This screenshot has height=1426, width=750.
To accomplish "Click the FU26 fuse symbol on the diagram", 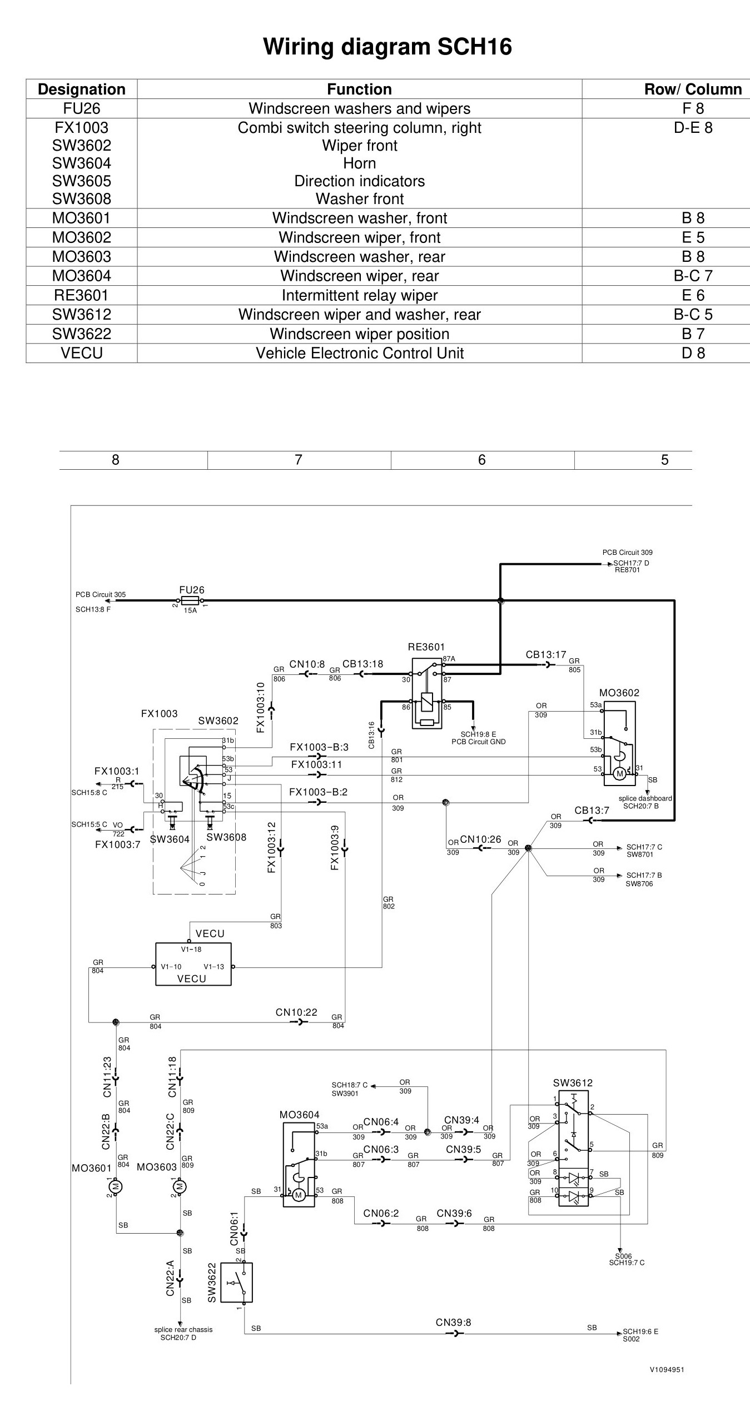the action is [x=190, y=600].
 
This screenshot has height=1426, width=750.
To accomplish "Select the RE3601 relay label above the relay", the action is [x=426, y=647].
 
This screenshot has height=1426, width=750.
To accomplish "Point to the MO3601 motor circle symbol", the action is [x=116, y=1186].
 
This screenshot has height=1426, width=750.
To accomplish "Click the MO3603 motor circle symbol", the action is [x=180, y=1186].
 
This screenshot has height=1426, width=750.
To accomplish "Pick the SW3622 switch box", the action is [x=236, y=1282].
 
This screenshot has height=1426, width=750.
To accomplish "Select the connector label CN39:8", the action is [x=453, y=1322].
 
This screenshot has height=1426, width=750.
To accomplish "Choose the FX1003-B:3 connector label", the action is [x=319, y=747].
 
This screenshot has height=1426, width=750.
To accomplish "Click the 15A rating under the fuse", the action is [x=190, y=610].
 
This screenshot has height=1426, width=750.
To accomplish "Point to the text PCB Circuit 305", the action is [x=101, y=594].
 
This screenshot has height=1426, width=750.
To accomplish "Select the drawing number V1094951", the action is [x=667, y=1369].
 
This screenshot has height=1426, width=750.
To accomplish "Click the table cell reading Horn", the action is [x=360, y=163].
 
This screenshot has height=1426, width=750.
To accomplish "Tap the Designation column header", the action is [x=82, y=90].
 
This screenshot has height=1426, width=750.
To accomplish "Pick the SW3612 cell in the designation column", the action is [x=82, y=315].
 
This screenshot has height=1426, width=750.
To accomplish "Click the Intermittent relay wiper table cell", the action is [x=360, y=295].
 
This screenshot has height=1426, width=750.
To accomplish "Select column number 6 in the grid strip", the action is [x=481, y=460].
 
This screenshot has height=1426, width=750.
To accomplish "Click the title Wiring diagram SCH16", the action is [x=388, y=47].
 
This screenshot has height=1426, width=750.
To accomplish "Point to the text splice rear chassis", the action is [x=183, y=1329].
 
